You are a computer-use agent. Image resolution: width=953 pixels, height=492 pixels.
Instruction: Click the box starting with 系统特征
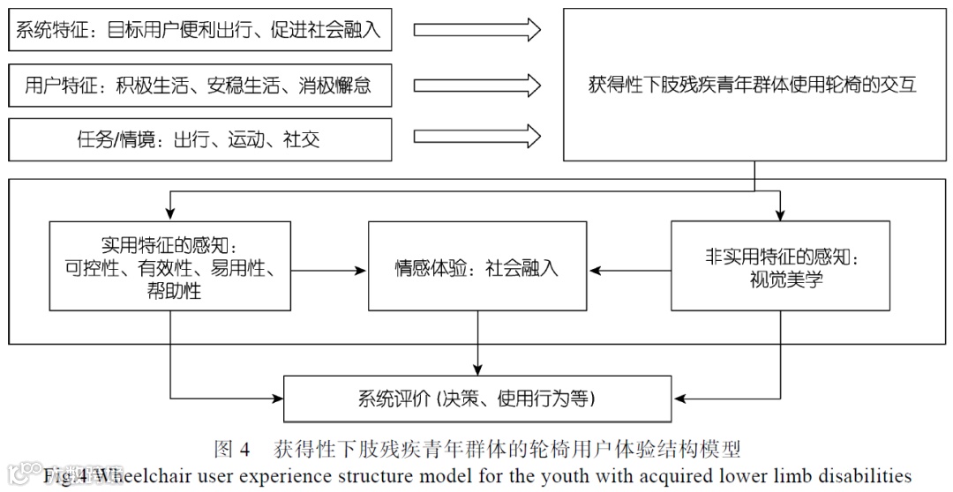click(199, 31)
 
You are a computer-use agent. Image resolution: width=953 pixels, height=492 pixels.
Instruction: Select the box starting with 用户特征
click(199, 86)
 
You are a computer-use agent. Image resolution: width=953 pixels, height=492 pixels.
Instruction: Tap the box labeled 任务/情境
click(199, 139)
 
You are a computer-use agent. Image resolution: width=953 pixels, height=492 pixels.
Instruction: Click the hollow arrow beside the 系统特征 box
click(476, 31)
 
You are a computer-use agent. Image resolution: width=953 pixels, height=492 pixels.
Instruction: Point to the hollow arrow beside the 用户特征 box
click(476, 86)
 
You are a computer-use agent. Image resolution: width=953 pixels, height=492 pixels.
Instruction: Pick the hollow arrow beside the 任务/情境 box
click(476, 138)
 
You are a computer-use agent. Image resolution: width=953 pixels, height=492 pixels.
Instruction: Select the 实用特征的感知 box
click(170, 266)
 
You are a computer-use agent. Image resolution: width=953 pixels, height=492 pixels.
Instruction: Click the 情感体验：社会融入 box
click(477, 266)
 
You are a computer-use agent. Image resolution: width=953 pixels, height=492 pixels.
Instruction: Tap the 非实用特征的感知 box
click(780, 266)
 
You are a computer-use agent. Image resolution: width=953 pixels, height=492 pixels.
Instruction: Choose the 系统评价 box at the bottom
click(477, 399)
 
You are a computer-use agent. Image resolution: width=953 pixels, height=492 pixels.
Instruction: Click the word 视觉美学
click(781, 281)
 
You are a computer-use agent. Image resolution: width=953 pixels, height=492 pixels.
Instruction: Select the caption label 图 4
click(232, 450)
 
